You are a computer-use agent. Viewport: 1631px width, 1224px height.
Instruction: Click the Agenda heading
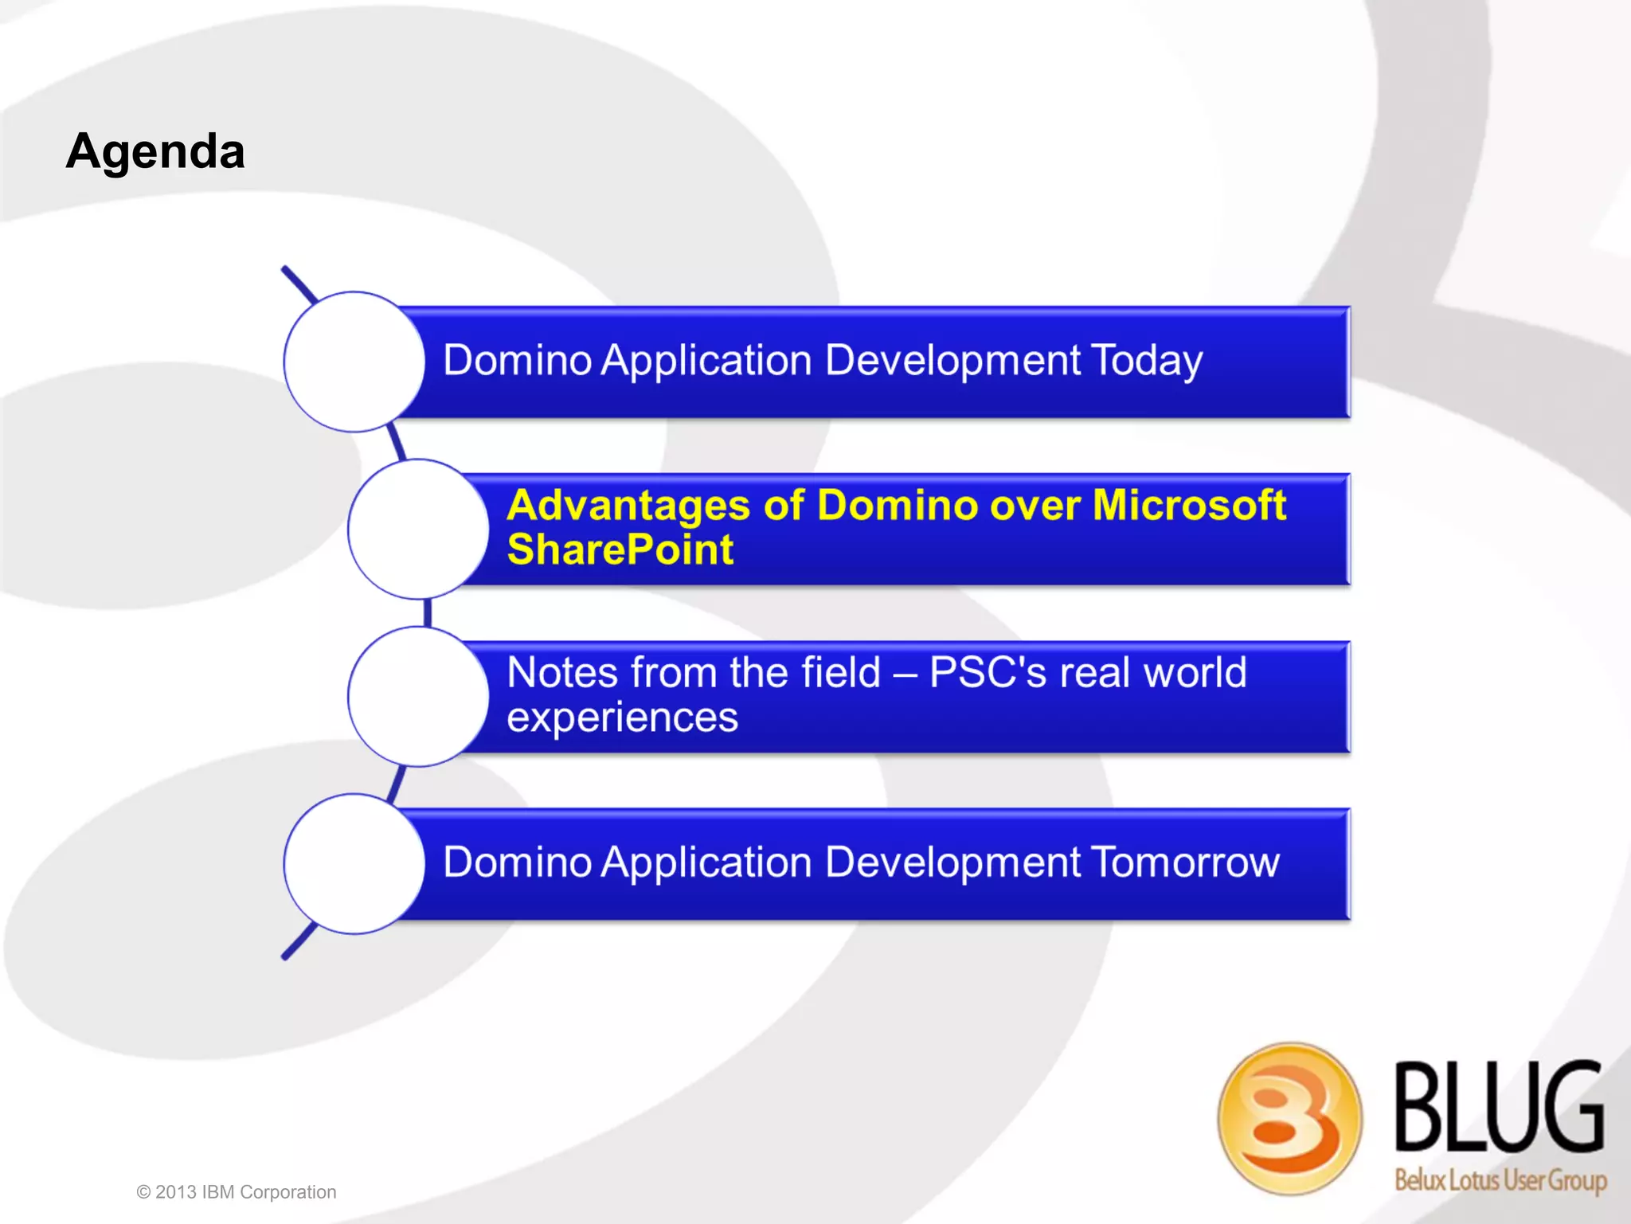(155, 151)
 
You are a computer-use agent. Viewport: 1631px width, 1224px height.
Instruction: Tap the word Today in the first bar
(1146, 361)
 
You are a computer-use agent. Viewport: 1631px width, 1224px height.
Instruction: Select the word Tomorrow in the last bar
(1184, 862)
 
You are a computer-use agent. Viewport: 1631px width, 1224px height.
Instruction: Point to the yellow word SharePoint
(620, 550)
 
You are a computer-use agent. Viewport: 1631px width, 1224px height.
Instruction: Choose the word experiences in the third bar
(622, 718)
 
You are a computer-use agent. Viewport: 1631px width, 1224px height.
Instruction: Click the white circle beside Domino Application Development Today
(354, 362)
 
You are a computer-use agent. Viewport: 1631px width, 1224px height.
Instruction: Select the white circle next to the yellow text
(417, 529)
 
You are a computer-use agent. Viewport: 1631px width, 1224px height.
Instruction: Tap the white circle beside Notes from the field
(417, 696)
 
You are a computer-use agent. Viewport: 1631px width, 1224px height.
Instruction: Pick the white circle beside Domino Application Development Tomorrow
(354, 863)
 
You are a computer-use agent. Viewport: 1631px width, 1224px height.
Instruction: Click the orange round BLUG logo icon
(1289, 1118)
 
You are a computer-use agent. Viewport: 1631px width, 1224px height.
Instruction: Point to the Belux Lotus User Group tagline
(1500, 1179)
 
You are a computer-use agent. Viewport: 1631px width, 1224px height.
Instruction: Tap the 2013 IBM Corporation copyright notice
(237, 1192)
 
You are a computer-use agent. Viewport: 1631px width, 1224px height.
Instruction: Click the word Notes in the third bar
(562, 673)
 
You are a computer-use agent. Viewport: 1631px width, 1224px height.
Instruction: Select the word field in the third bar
(841, 673)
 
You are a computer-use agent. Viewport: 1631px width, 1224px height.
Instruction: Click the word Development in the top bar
(952, 361)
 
